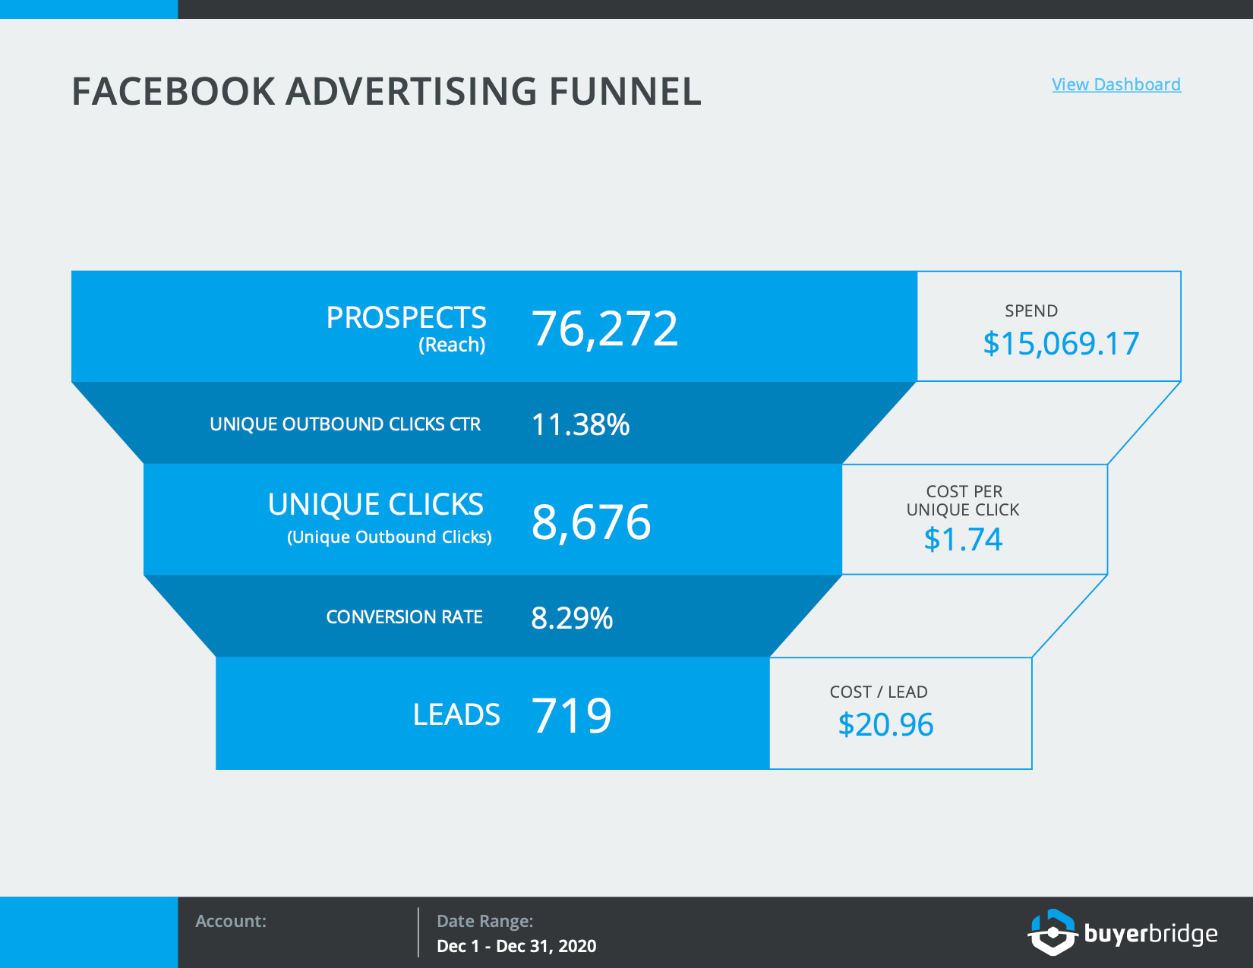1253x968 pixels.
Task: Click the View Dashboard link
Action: (1116, 85)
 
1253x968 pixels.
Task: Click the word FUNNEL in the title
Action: (625, 92)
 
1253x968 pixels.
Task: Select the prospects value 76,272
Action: (604, 329)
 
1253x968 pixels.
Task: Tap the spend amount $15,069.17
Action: (1061, 344)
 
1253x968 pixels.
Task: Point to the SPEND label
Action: (1031, 311)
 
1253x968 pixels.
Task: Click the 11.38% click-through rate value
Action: (580, 425)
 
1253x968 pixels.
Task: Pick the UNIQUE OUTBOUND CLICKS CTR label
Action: (345, 424)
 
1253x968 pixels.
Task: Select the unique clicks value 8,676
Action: (591, 522)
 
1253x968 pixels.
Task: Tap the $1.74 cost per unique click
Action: (963, 539)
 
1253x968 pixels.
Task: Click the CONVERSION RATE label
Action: (404, 617)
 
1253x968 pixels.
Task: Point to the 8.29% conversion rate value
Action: (571, 618)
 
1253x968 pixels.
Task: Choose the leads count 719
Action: (571, 715)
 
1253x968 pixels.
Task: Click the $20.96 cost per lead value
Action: (885, 725)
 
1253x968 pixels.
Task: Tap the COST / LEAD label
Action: (878, 692)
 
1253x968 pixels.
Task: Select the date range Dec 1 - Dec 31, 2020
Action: (516, 946)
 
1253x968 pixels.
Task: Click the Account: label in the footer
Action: (231, 921)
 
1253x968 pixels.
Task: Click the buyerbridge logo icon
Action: (1053, 932)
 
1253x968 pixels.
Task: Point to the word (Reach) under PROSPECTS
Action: (452, 345)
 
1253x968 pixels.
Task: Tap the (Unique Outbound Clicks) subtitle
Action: (390, 538)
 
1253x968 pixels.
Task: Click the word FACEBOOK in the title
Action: (174, 92)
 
